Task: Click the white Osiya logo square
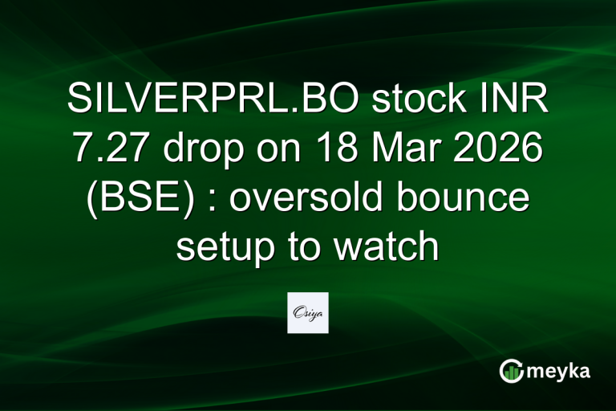[308, 312]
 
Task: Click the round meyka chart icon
[512, 372]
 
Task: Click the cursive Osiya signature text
[308, 311]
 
